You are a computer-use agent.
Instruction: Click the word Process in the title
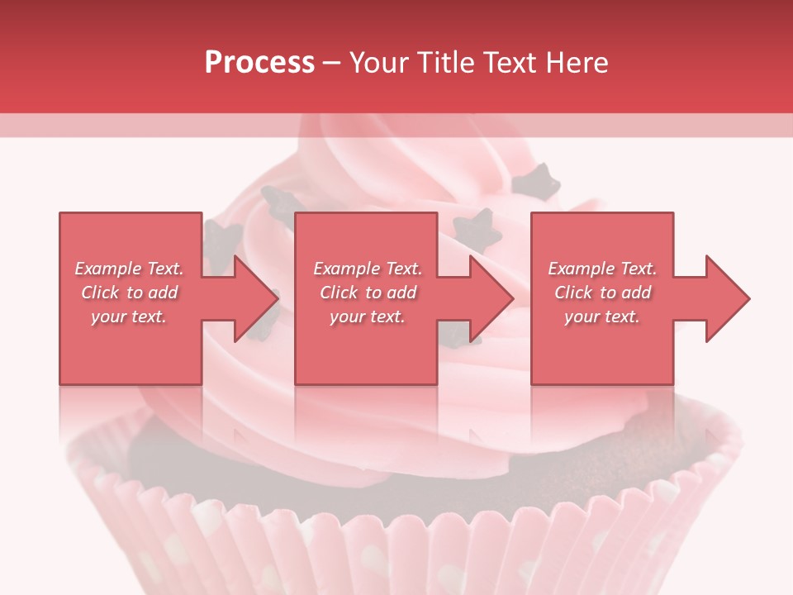pos(259,63)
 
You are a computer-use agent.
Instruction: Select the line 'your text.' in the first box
pos(129,317)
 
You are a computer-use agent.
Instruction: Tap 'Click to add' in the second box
pos(368,293)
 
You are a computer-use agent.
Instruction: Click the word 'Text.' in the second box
pos(403,269)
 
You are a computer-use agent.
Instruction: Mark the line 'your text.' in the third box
pos(602,317)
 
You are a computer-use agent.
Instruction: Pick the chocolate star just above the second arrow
pos(477,228)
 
